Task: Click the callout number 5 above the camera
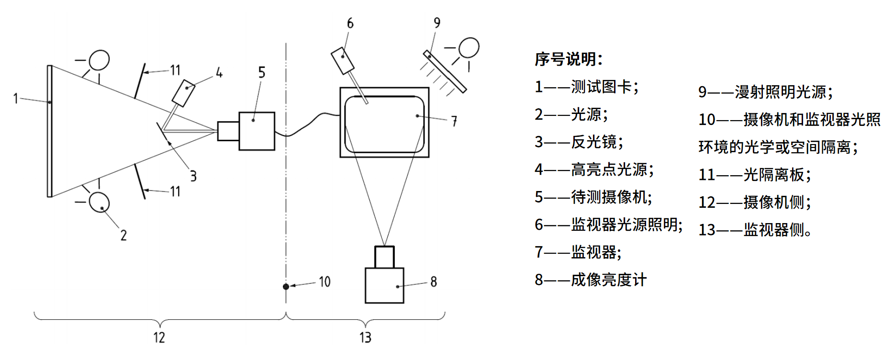point(261,72)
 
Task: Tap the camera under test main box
point(257,131)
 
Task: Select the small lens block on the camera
point(228,131)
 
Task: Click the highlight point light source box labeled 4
point(183,93)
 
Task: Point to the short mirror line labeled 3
point(164,134)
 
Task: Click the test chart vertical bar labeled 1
point(49,131)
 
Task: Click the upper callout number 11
point(175,70)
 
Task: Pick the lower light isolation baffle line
point(140,180)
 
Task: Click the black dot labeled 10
point(286,286)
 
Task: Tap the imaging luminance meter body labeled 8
point(384,285)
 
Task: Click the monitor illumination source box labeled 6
point(343,60)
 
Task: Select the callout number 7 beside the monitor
point(454,121)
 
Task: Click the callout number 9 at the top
point(437,23)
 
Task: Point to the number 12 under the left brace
point(159,337)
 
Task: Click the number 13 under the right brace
point(365,337)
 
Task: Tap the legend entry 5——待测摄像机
point(593,197)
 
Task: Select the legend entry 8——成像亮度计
point(591,280)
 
